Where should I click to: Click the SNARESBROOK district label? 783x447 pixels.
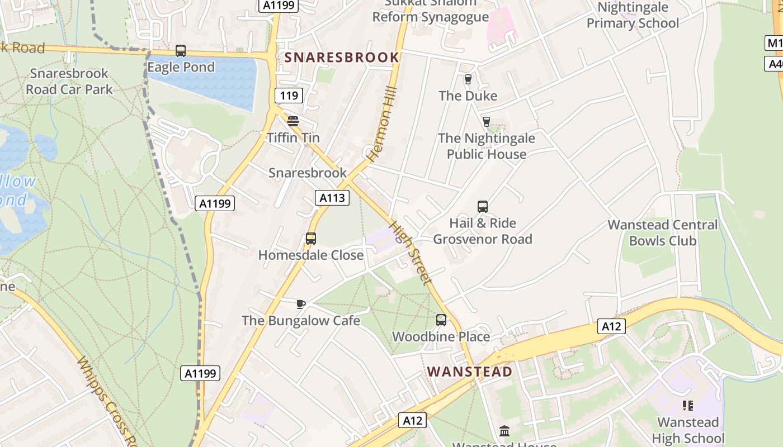coord(342,58)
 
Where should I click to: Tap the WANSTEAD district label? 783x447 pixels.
coord(469,372)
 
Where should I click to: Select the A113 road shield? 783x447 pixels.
coord(332,197)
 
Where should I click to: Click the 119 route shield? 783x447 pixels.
coord(289,96)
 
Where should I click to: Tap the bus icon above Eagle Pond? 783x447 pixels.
coord(180,51)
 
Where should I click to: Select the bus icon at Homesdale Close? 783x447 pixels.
coord(311,239)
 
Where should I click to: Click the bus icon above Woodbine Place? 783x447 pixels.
coord(441,320)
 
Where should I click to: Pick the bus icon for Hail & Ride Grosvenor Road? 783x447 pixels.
coord(483,207)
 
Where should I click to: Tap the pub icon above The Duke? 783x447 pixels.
coord(468,79)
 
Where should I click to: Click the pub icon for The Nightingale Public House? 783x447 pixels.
coord(486,121)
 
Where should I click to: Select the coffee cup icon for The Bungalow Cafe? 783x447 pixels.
coord(300,304)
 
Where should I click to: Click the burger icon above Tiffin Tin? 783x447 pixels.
coord(293,121)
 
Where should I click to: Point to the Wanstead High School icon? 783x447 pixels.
coord(687,406)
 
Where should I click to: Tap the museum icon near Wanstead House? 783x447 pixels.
coord(504,431)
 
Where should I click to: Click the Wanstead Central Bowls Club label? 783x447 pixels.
coord(662,232)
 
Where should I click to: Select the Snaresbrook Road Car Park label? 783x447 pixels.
coord(69,81)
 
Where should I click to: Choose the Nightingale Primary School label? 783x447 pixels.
coord(633,15)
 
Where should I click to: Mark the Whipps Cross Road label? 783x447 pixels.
coord(106,397)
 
